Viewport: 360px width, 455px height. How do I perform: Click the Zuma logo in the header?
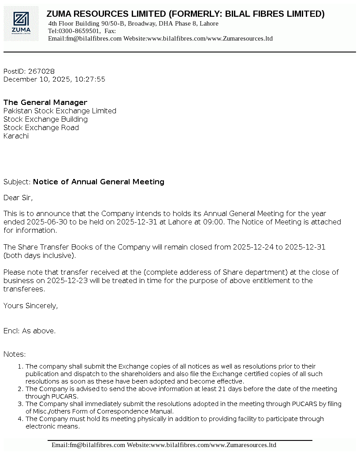(22, 24)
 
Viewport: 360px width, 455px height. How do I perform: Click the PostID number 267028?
(41, 71)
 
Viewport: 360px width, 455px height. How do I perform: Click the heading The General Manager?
(45, 103)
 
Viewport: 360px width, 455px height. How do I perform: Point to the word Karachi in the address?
(16, 136)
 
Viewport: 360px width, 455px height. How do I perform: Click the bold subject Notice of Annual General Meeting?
(99, 182)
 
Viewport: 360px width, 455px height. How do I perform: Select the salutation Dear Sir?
(18, 198)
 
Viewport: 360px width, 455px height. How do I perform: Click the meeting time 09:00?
(215, 222)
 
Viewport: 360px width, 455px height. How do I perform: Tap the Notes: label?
(15, 354)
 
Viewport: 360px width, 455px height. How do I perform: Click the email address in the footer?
(88, 445)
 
